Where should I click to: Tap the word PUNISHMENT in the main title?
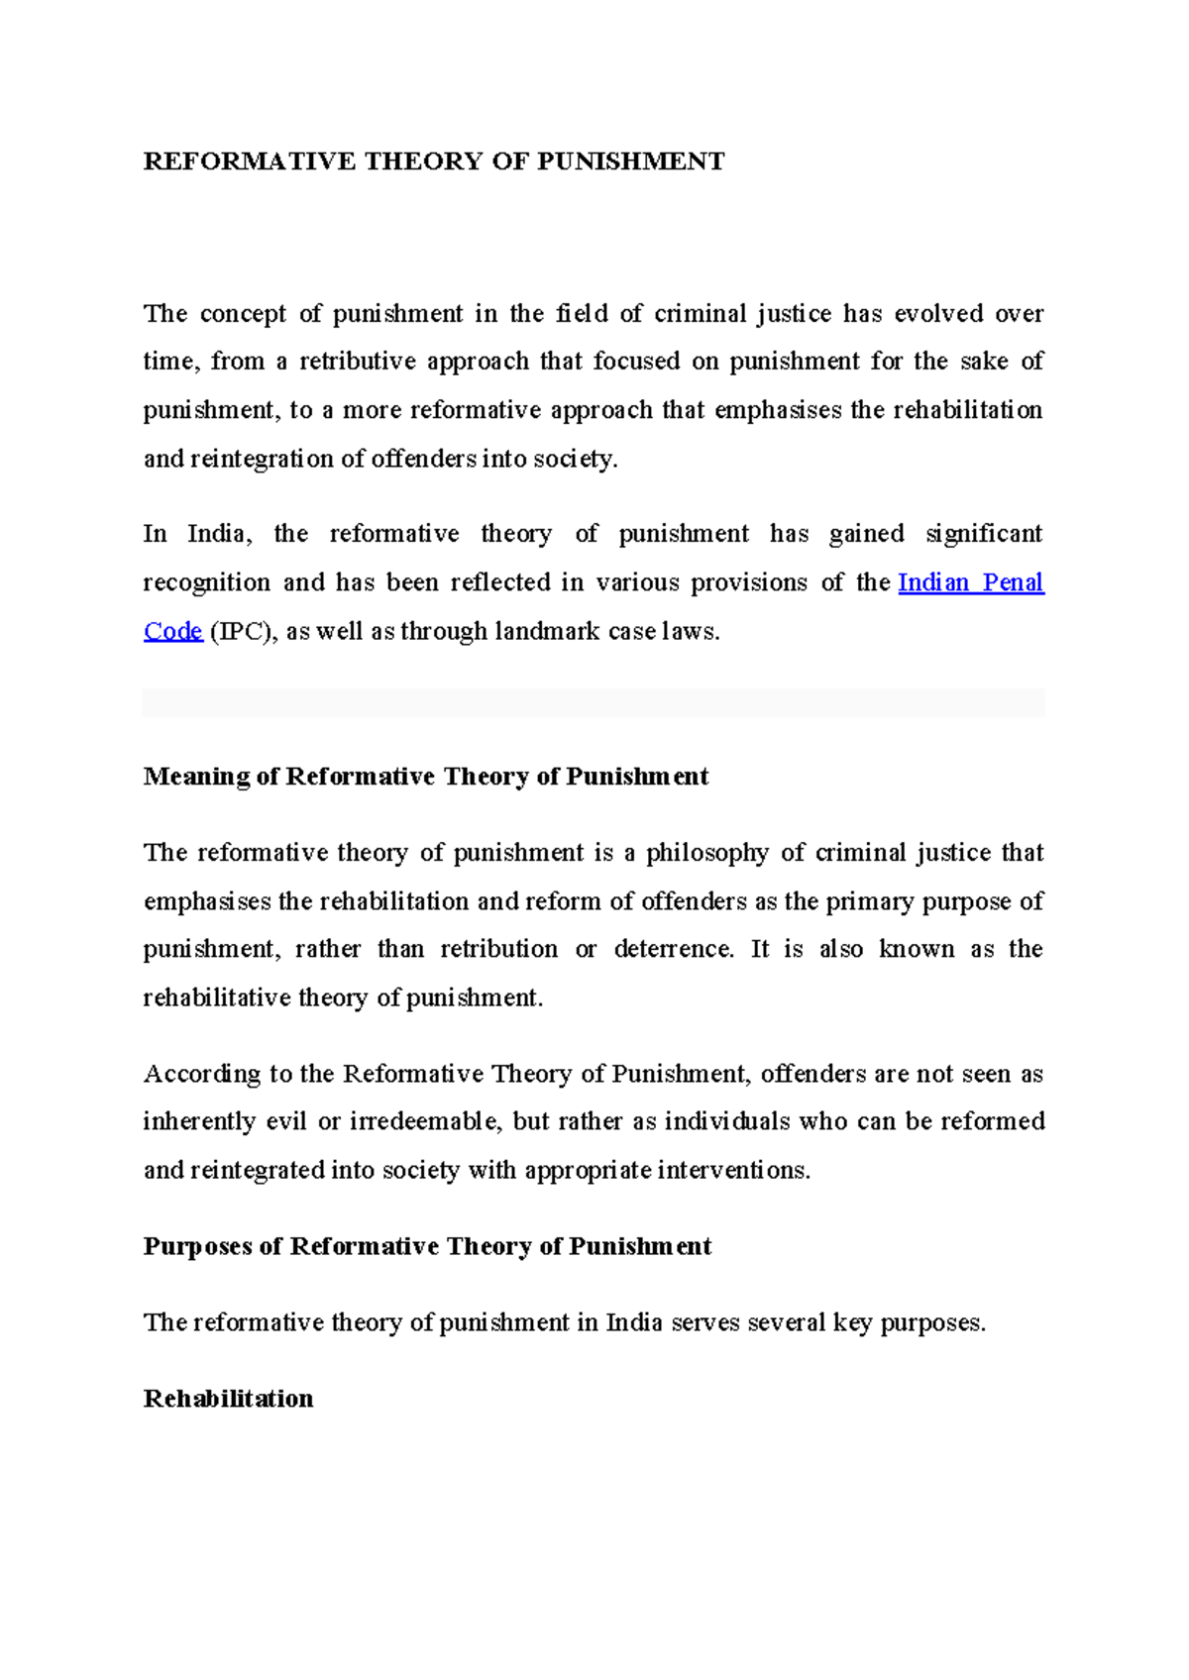631,161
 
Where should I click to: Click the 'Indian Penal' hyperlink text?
970,582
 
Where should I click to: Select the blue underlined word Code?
172,631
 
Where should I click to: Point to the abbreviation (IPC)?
243,631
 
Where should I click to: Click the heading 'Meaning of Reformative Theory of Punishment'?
426,777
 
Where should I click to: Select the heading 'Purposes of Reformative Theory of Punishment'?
427,1246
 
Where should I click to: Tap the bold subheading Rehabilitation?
228,1399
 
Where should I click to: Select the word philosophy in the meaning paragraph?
706,853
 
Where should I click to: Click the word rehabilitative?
216,997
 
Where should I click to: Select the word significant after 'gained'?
983,534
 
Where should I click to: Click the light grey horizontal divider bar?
594,702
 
